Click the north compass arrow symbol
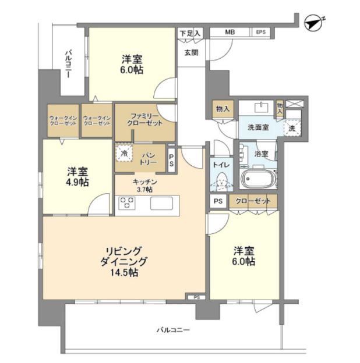[314, 23]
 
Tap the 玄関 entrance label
[191, 53]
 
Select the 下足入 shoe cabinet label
[190, 34]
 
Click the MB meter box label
[230, 32]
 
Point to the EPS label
[260, 32]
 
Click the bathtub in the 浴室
[258, 179]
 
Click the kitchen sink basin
[161, 203]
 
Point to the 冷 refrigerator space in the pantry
[125, 153]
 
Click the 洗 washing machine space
[292, 128]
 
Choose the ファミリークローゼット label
[144, 119]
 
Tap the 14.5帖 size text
[124, 272]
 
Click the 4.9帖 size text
[77, 183]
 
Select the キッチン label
[144, 181]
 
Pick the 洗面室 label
[258, 127]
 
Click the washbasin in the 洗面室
[262, 107]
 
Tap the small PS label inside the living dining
[196, 298]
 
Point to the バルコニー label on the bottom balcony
[173, 330]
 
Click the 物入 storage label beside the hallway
[223, 108]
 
